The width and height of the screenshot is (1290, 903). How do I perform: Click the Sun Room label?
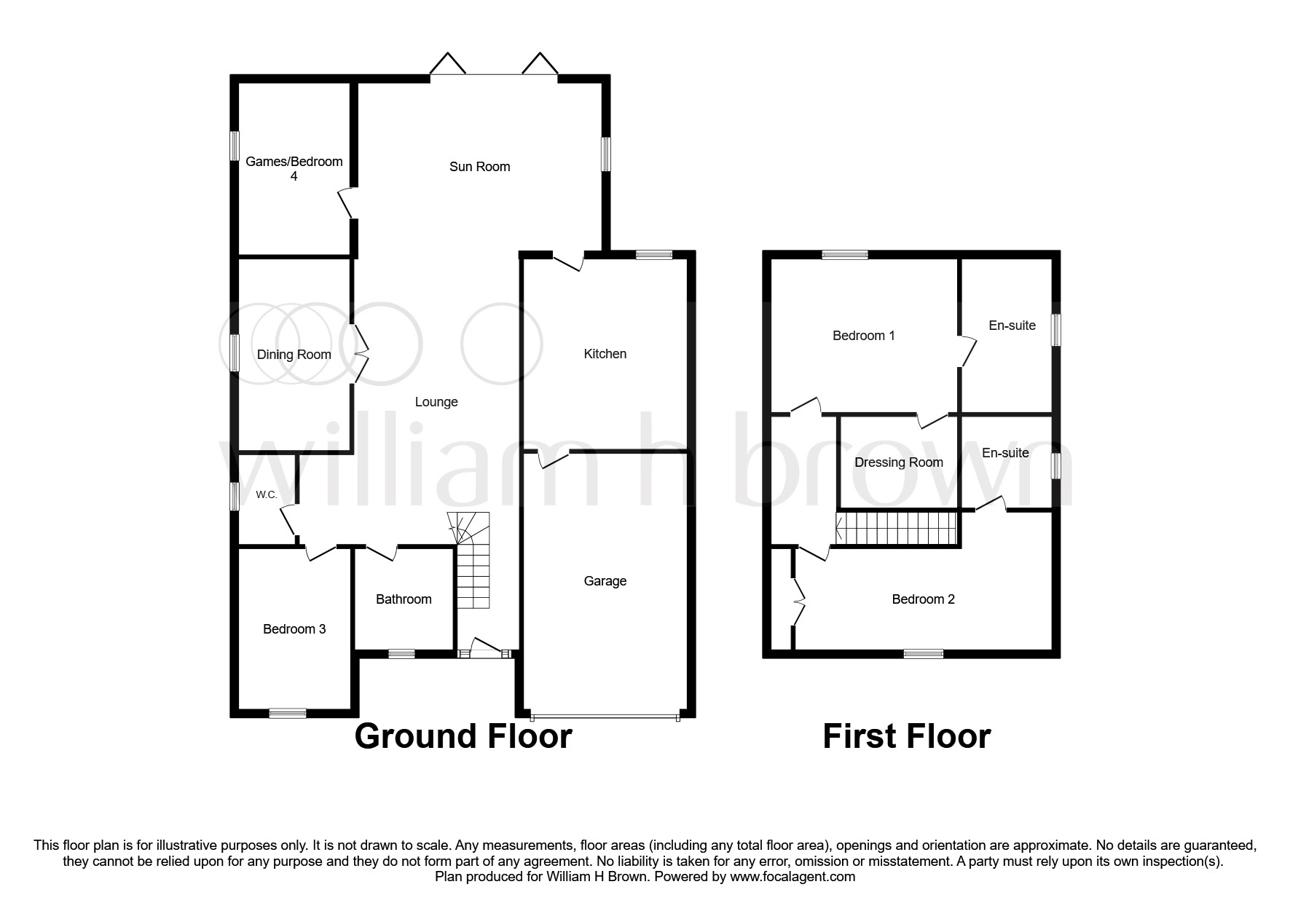479,167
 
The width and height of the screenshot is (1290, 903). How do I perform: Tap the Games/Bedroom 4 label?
294,168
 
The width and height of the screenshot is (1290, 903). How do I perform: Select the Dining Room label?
294,355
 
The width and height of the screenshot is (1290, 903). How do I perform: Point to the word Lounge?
436,402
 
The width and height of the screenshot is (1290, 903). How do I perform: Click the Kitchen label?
605,354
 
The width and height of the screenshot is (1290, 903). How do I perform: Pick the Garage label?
605,581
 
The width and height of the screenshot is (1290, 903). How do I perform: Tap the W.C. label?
266,495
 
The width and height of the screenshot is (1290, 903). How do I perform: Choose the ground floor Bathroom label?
404,599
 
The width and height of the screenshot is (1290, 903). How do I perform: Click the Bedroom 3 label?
294,629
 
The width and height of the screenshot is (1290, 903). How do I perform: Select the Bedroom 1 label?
863,336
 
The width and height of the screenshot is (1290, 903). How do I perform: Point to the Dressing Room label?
898,462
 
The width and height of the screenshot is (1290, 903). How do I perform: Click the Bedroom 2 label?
923,599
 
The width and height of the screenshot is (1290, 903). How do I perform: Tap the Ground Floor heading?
463,736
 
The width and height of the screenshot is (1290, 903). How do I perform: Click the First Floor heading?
906,736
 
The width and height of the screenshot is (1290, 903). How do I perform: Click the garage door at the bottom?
605,715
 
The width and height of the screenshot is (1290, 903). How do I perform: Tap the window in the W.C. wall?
235,496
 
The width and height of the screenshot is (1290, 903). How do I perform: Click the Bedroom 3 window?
287,714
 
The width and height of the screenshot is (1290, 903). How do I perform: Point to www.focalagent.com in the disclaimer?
793,877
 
